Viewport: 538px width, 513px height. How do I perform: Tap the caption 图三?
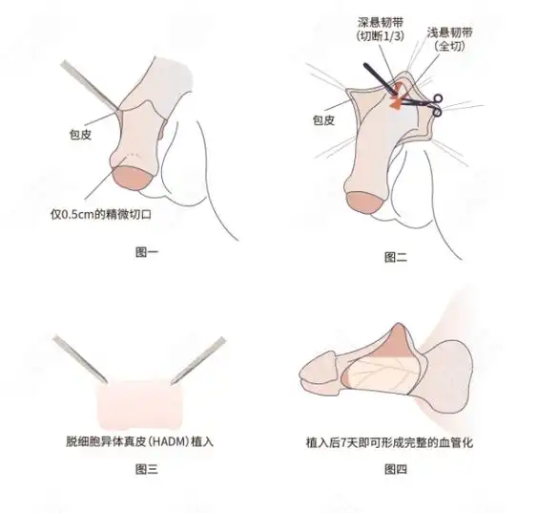[x=147, y=469]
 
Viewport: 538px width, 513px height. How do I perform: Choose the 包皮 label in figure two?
[x=324, y=121]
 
